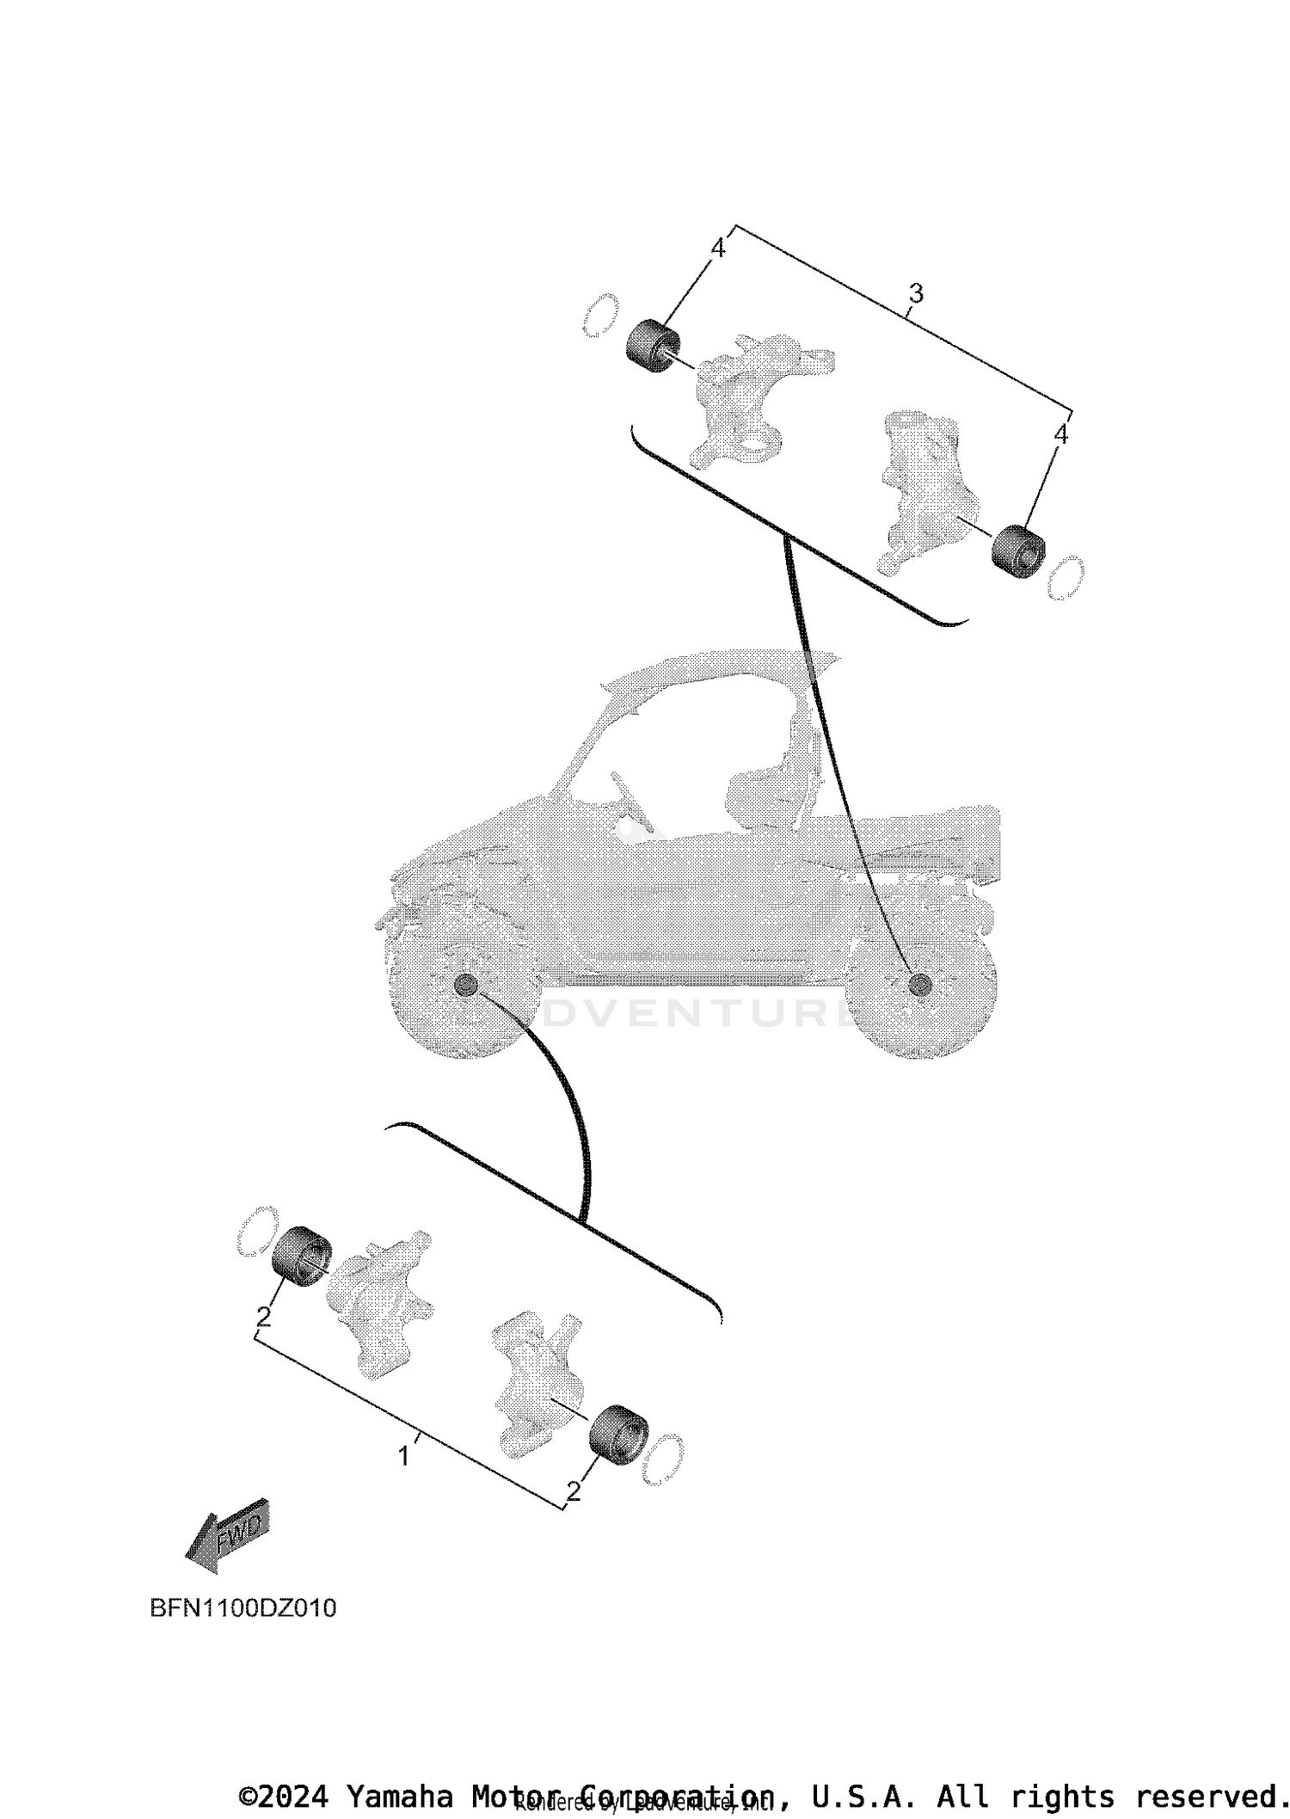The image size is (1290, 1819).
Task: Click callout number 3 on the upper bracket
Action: [x=916, y=294]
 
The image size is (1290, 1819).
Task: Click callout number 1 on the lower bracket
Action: [x=403, y=1456]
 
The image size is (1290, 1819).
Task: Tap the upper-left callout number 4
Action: [x=718, y=249]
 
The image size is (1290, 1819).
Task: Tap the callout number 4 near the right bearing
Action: [x=1060, y=434]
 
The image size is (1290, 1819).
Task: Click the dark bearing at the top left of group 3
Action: [x=649, y=346]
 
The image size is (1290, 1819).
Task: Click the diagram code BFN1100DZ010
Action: [x=243, y=1608]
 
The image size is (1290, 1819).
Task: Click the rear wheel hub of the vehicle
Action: [x=919, y=984]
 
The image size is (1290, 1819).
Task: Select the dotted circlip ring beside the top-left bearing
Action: [x=599, y=315]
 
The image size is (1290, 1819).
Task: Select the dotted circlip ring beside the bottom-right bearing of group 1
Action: [x=663, y=1460]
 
